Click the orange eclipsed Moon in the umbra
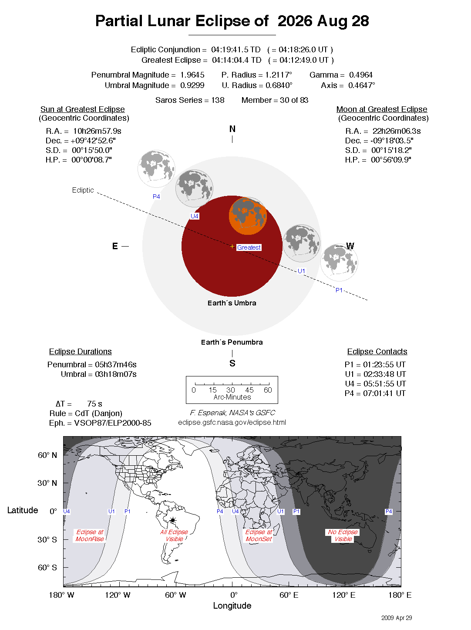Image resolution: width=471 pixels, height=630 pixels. (248, 216)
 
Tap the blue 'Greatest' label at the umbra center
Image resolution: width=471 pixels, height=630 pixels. (249, 247)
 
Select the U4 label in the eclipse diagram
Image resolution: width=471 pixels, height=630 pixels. (195, 216)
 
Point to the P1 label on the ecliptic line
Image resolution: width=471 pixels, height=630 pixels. (339, 290)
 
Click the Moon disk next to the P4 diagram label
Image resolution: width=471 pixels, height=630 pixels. (156, 169)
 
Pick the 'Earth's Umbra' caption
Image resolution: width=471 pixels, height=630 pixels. (232, 303)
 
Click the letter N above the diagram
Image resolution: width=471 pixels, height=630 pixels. (232, 129)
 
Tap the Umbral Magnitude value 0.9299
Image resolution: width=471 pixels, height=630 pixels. (192, 85)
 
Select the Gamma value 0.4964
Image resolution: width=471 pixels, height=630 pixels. (360, 75)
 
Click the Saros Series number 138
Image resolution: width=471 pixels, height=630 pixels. (218, 100)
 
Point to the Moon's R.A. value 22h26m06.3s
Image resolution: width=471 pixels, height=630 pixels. (396, 131)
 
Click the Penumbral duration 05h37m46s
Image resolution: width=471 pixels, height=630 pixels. (115, 365)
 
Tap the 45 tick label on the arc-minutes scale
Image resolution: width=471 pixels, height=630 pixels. (249, 390)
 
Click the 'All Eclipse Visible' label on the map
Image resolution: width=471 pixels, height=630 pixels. (174, 535)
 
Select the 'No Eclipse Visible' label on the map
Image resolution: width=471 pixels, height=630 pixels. (343, 535)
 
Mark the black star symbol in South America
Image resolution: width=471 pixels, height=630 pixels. (173, 520)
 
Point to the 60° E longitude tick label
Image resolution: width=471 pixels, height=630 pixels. (289, 595)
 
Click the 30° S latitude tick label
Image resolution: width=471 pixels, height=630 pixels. (47, 539)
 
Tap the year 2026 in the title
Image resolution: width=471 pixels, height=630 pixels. (295, 21)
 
